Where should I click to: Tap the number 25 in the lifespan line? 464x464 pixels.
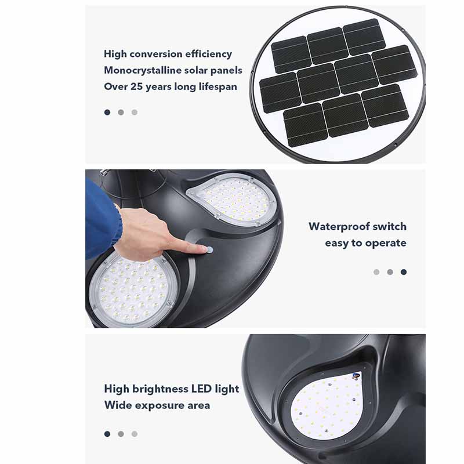coord(136,86)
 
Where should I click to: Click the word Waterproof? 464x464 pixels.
coord(335,227)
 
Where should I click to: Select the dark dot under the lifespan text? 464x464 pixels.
coord(107,113)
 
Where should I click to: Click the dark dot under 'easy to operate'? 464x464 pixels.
coord(404,272)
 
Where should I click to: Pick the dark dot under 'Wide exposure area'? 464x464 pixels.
coord(107,434)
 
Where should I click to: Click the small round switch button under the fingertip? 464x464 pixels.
coord(210,251)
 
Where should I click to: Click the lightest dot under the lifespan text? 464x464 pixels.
coord(135,113)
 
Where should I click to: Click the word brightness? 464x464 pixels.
coord(160,389)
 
